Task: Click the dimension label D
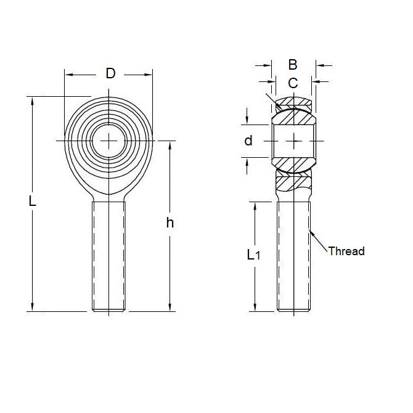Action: pos(110,74)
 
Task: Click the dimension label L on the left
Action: pos(33,201)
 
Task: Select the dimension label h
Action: pos(170,223)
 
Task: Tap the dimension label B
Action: pos(293,64)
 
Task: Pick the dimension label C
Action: pos(293,82)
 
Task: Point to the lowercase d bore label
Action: pos(248,141)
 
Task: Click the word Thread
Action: pos(346,251)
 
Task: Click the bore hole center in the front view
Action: pos(110,141)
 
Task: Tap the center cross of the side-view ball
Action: pos(295,141)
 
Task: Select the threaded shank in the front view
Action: pos(110,256)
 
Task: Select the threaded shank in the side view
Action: pos(293,256)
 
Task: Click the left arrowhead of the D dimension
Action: pos(67,75)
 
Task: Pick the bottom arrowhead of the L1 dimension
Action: pos(254,308)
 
